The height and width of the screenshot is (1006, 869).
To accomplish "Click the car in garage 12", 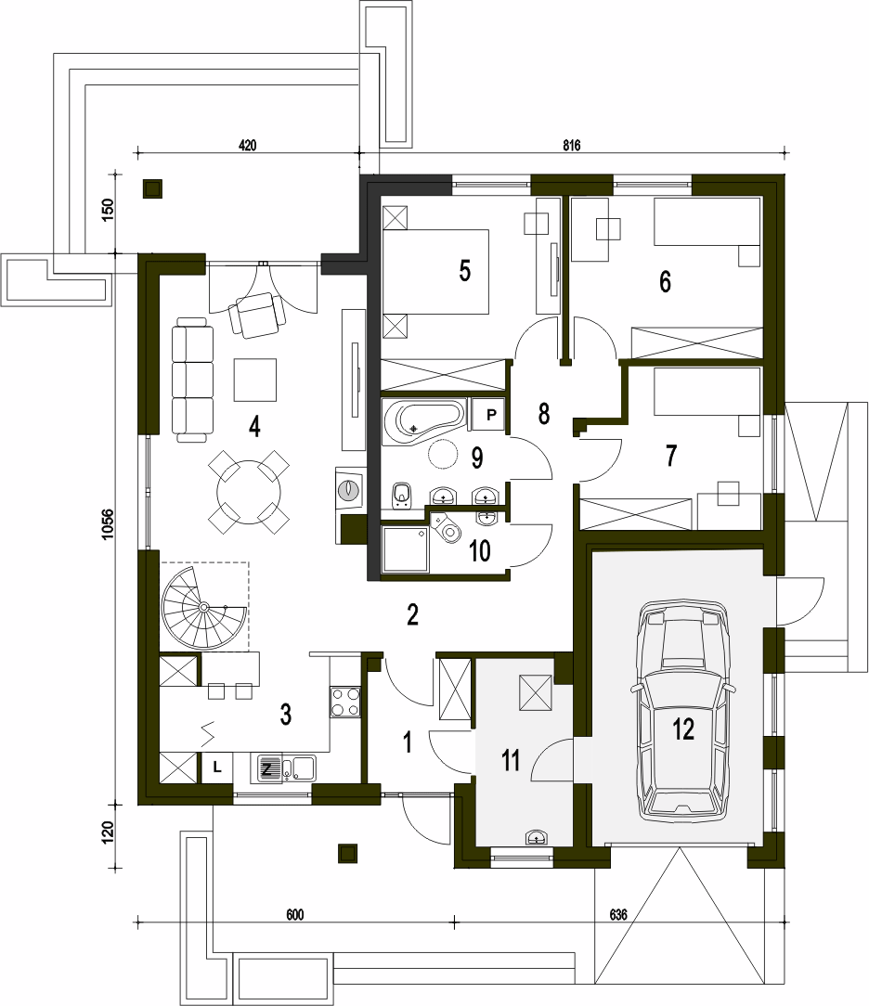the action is click(682, 709).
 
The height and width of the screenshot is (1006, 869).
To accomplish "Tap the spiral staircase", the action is click(203, 606).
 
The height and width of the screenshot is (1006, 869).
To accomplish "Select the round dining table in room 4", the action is click(249, 492).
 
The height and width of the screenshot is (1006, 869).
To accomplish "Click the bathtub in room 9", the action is click(423, 421).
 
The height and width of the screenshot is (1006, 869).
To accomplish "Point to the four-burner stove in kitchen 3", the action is click(345, 702).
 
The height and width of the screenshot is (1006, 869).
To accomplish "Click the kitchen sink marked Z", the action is click(286, 768).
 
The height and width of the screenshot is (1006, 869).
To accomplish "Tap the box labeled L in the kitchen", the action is click(217, 767).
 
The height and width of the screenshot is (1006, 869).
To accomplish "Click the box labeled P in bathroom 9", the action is click(491, 415).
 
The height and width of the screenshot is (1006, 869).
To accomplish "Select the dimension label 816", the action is click(571, 146).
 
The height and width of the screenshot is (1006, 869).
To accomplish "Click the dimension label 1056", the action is click(108, 523).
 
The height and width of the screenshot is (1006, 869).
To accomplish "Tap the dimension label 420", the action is click(247, 146).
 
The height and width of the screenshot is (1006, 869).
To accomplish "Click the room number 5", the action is click(464, 271).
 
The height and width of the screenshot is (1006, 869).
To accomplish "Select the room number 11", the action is click(511, 760).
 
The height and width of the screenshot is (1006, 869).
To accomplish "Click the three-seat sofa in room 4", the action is click(192, 380).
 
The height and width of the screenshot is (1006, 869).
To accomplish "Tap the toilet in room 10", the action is click(448, 527).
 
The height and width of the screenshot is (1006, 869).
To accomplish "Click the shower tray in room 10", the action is click(405, 548).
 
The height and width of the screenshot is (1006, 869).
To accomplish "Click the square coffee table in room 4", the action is click(255, 380).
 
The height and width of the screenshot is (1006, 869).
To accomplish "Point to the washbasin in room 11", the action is click(537, 836).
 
